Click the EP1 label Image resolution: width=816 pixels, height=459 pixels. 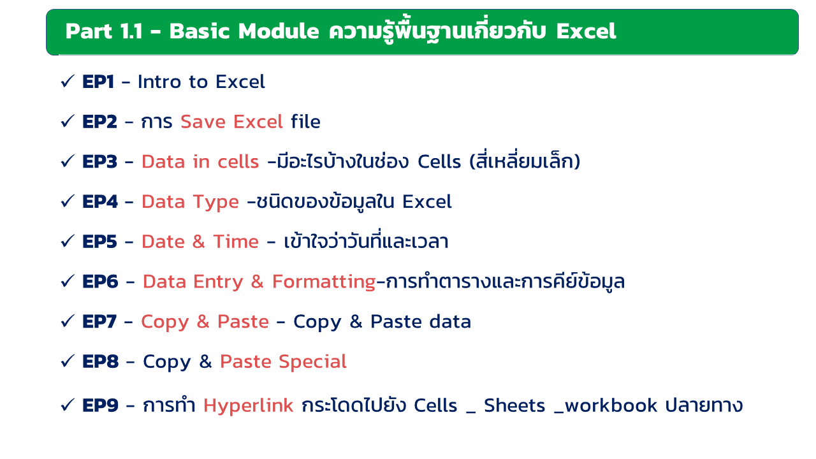tap(98, 82)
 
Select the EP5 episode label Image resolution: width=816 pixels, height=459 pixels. tap(100, 242)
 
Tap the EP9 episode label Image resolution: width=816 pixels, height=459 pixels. tap(101, 405)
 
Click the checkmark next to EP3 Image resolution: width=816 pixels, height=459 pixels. tap(68, 161)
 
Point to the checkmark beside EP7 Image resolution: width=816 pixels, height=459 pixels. tap(68, 321)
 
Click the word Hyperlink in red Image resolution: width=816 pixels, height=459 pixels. tap(249, 406)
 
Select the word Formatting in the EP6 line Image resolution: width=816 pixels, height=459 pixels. tap(324, 282)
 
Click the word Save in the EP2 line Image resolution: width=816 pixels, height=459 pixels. tap(203, 122)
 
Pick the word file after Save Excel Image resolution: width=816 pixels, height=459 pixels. tap(305, 121)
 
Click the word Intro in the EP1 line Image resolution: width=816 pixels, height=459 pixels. tap(159, 82)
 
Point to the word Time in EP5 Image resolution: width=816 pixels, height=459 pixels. tap(236, 242)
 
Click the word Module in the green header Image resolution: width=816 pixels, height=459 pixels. tap(279, 31)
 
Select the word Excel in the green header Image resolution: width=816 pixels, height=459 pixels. tap(586, 31)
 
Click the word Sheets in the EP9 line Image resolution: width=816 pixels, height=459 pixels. tap(514, 405)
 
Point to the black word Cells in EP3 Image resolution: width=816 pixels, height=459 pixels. tap(439, 162)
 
